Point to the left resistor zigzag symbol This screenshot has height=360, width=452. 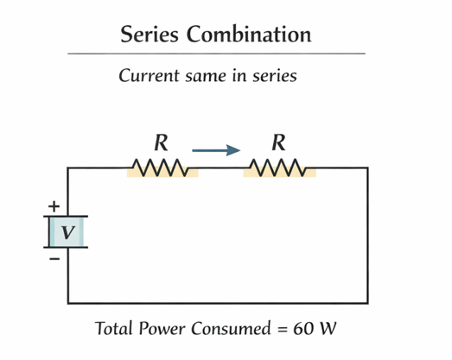(162, 167)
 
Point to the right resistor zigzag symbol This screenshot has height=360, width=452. (278, 167)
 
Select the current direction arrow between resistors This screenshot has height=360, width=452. (216, 151)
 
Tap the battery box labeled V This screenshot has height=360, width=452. (67, 231)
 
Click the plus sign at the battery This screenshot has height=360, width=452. (54, 206)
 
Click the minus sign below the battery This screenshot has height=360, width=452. (54, 258)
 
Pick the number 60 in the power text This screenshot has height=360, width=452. (303, 329)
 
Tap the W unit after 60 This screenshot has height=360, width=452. (328, 329)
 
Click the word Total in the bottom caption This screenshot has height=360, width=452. (117, 329)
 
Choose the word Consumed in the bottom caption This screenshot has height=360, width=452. (232, 329)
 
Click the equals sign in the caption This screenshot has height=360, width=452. (280, 330)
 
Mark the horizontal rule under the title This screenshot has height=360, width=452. (216, 54)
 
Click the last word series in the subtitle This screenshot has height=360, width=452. (275, 76)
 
